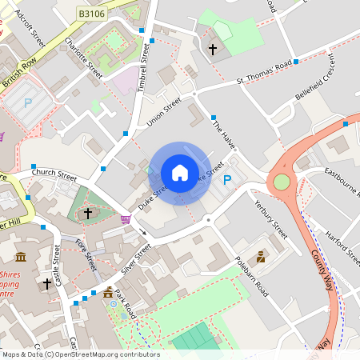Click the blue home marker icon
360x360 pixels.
[179, 173]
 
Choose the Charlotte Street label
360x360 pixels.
[83, 57]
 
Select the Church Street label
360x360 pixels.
[54, 173]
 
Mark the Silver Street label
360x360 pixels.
[136, 260]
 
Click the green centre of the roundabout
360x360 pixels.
[281, 182]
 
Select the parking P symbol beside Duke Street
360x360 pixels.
[227, 181]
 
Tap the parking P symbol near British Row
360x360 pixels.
[29, 103]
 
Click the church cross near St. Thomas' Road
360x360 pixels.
[213, 50]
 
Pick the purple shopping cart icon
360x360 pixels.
[126, 218]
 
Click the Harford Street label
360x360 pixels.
[343, 243]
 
